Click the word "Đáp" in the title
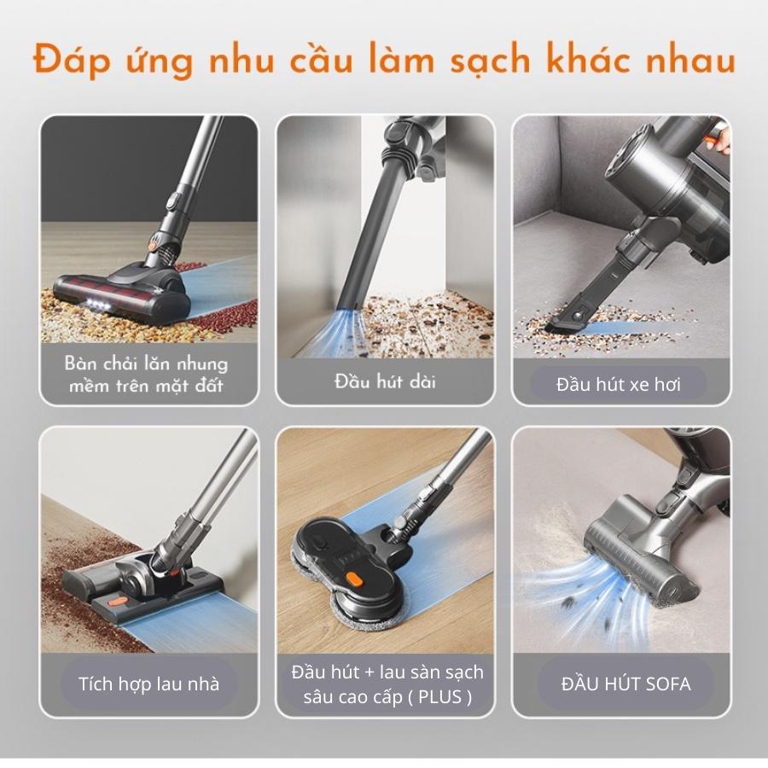pyautogui.click(x=72, y=60)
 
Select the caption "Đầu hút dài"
pyautogui.click(x=385, y=381)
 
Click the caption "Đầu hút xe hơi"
pyautogui.click(x=618, y=385)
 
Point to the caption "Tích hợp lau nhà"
pyautogui.click(x=148, y=684)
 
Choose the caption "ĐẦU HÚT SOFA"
pyautogui.click(x=625, y=684)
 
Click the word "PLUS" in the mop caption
pyautogui.click(x=440, y=696)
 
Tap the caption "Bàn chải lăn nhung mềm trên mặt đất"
pyautogui.click(x=146, y=375)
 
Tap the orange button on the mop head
pyautogui.click(x=354, y=580)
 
